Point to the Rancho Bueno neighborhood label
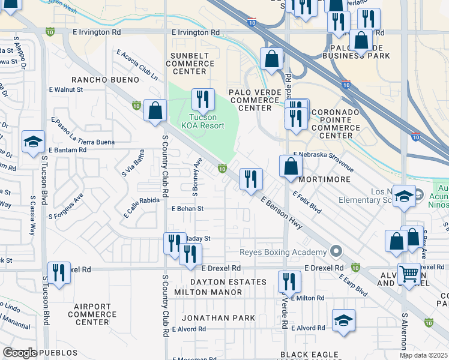coord(97,79)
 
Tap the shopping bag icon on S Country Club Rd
coord(155,110)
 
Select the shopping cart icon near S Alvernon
coord(409,274)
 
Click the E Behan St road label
coord(188,209)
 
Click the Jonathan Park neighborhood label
coord(218,317)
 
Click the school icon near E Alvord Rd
coord(343,320)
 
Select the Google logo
coord(19,353)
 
